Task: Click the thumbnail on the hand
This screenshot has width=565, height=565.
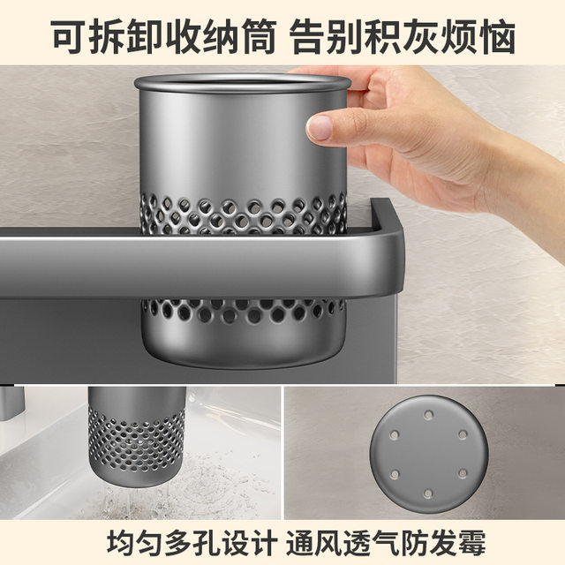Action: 320,129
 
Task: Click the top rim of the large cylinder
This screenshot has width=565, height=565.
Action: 243,82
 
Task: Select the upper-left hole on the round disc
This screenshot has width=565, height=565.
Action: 394,433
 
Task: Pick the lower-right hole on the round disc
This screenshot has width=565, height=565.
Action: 463,474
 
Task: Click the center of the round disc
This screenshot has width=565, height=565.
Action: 429,454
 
